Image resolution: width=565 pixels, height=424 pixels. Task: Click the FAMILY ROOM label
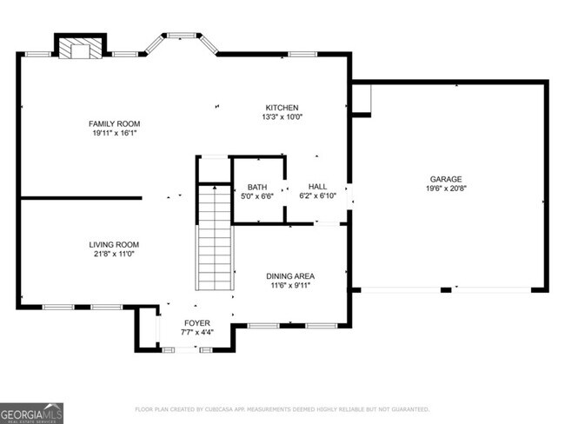coord(114,124)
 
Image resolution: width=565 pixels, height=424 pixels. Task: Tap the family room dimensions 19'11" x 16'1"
coord(114,134)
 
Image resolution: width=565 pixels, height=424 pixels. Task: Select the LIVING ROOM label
coord(114,245)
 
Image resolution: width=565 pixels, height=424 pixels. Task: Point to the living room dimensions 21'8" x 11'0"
coord(114,255)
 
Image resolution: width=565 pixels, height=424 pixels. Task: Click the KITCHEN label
coord(282,107)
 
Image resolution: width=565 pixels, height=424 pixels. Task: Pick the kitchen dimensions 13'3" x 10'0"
coord(282,116)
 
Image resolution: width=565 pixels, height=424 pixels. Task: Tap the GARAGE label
coord(444,179)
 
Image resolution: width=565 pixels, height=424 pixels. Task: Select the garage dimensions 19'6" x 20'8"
coord(444,189)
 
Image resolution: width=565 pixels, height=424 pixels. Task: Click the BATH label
coord(257,187)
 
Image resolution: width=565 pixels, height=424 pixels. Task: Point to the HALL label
coord(317,187)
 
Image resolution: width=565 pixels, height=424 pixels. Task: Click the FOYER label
coord(196,323)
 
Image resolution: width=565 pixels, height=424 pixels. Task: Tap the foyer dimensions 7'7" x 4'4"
coord(196,333)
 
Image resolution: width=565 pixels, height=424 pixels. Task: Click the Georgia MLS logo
coord(31,413)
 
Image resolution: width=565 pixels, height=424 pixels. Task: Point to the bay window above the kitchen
coord(182,40)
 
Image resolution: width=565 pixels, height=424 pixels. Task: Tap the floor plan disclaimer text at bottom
coord(282,409)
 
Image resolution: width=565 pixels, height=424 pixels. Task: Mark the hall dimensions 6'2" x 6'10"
coord(317,196)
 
